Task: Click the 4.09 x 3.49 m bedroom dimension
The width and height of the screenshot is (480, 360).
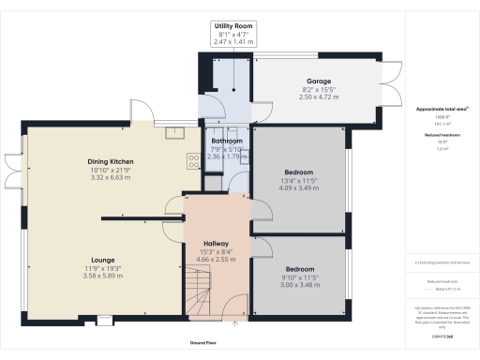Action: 300,187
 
